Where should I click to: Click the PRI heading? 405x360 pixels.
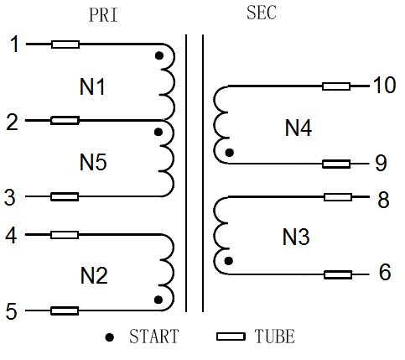click(103, 15)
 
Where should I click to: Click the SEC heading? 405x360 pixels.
click(262, 13)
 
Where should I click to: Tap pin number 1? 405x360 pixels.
click(14, 44)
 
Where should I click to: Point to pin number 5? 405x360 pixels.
click(12, 311)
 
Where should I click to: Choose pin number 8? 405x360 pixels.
click(383, 200)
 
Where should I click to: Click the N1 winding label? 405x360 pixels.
click(92, 86)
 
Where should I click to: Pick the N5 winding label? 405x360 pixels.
click(93, 162)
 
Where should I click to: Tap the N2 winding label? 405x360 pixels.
click(94, 275)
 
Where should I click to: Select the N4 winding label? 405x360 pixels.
click(299, 128)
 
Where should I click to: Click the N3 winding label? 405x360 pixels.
click(296, 237)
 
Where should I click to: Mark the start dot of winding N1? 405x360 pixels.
click(159, 56)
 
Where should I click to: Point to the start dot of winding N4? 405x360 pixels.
click(230, 153)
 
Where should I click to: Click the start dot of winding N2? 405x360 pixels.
click(158, 300)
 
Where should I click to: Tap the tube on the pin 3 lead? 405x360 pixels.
click(65, 196)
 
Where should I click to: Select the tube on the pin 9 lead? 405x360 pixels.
click(336, 164)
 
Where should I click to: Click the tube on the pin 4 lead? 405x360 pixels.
click(65, 235)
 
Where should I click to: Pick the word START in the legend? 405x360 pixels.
click(154, 337)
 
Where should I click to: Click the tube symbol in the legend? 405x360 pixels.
click(231, 337)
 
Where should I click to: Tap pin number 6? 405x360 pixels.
click(385, 272)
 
